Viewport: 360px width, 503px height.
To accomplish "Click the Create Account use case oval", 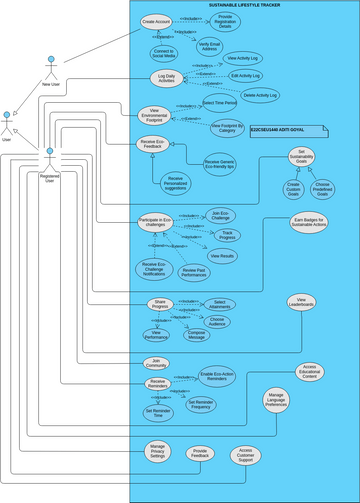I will pos(155,21).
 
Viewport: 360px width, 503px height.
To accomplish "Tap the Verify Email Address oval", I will pos(210,45).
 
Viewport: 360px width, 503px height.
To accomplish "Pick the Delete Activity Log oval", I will pos(260,95).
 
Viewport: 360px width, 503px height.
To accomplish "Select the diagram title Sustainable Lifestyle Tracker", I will pos(244,5).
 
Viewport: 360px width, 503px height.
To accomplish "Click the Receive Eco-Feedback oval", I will pos(155,146).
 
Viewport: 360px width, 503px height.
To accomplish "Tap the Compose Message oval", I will pos(196,335).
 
